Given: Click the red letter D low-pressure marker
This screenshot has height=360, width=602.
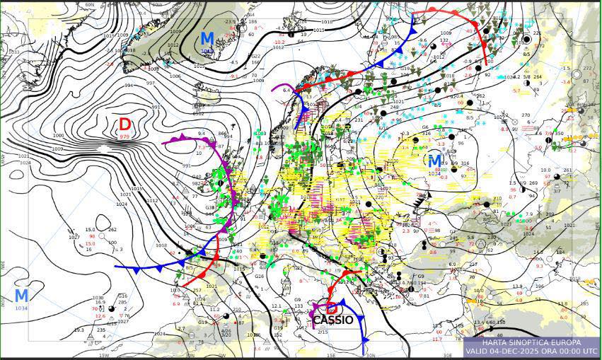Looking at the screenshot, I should [125, 124].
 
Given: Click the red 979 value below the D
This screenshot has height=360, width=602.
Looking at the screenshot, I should [125, 136].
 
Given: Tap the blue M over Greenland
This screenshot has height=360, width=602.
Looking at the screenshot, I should [207, 38].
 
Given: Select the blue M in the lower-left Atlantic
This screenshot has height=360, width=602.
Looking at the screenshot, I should [22, 296].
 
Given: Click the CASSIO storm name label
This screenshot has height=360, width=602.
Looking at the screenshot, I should [332, 320].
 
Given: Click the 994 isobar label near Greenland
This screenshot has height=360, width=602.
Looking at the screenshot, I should [128, 85].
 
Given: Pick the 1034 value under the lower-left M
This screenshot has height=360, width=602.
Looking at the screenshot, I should [22, 308].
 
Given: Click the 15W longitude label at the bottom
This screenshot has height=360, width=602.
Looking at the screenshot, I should [104, 356].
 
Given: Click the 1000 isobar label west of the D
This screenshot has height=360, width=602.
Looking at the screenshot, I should [58, 135].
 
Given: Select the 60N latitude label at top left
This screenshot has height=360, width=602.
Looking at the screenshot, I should [90, 5].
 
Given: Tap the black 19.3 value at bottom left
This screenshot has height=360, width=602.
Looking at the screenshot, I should [79, 330].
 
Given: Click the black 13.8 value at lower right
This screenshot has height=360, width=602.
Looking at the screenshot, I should [562, 303].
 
